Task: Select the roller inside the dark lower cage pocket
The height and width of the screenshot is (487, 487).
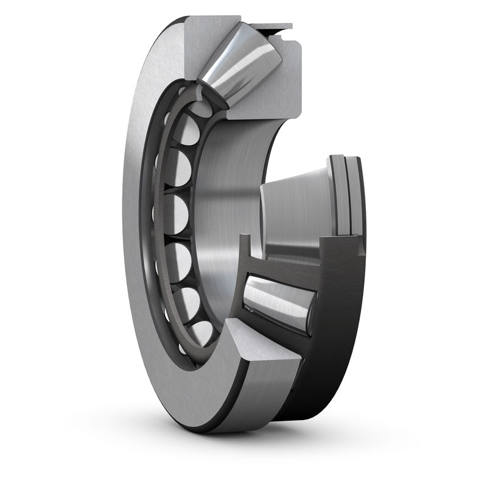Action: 277,301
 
